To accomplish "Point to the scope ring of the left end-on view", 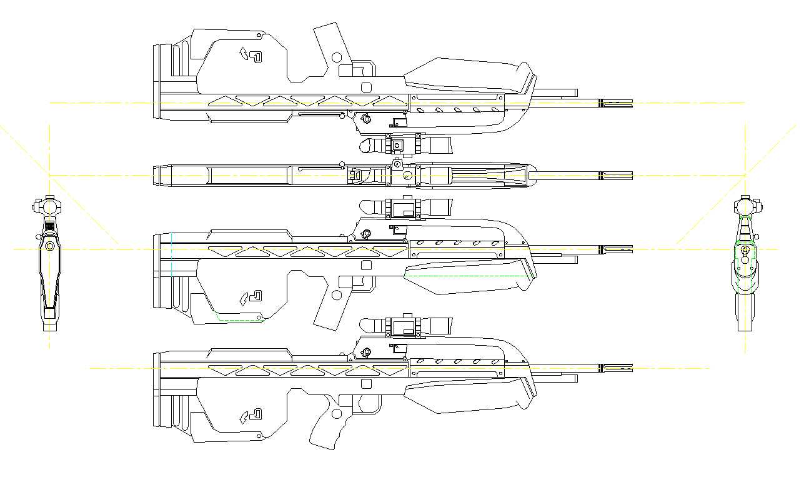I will click(x=49, y=206).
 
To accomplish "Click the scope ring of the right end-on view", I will click(x=745, y=206).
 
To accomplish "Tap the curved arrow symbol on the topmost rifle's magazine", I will click(x=244, y=54).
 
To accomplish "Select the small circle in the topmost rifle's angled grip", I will click(x=336, y=58).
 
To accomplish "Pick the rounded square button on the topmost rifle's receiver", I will click(x=367, y=88).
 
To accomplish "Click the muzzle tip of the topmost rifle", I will click(x=631, y=103).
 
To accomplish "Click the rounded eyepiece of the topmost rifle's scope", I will click(x=367, y=146).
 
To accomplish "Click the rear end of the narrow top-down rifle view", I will click(x=156, y=176).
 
